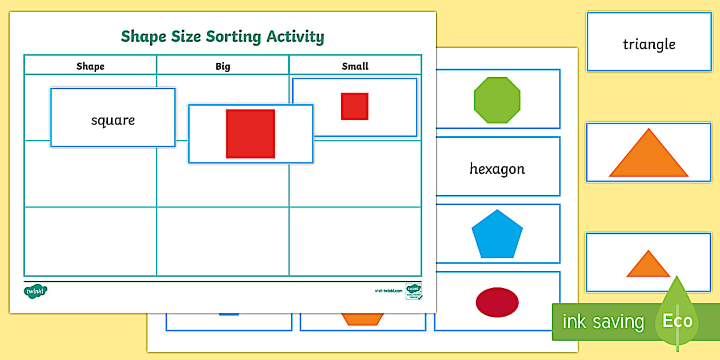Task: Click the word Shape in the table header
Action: pos(90,66)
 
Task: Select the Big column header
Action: pos(222,66)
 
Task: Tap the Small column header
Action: pos(355,66)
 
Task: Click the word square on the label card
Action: pos(113,121)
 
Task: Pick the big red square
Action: pos(250,134)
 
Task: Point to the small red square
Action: pos(354,106)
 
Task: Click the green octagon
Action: pos(497,101)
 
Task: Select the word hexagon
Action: pos(497,169)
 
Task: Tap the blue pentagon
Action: pos(497,234)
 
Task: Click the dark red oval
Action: pos(497,302)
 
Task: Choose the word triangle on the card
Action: pos(649,45)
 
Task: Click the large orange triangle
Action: pos(649,155)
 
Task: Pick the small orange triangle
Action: pos(648,265)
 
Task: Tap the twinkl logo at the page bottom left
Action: pos(35,291)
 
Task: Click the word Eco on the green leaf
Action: pos(678,321)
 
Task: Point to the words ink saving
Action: pos(603,322)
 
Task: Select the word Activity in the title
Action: pos(295,37)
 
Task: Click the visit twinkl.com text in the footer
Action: pos(389,291)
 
